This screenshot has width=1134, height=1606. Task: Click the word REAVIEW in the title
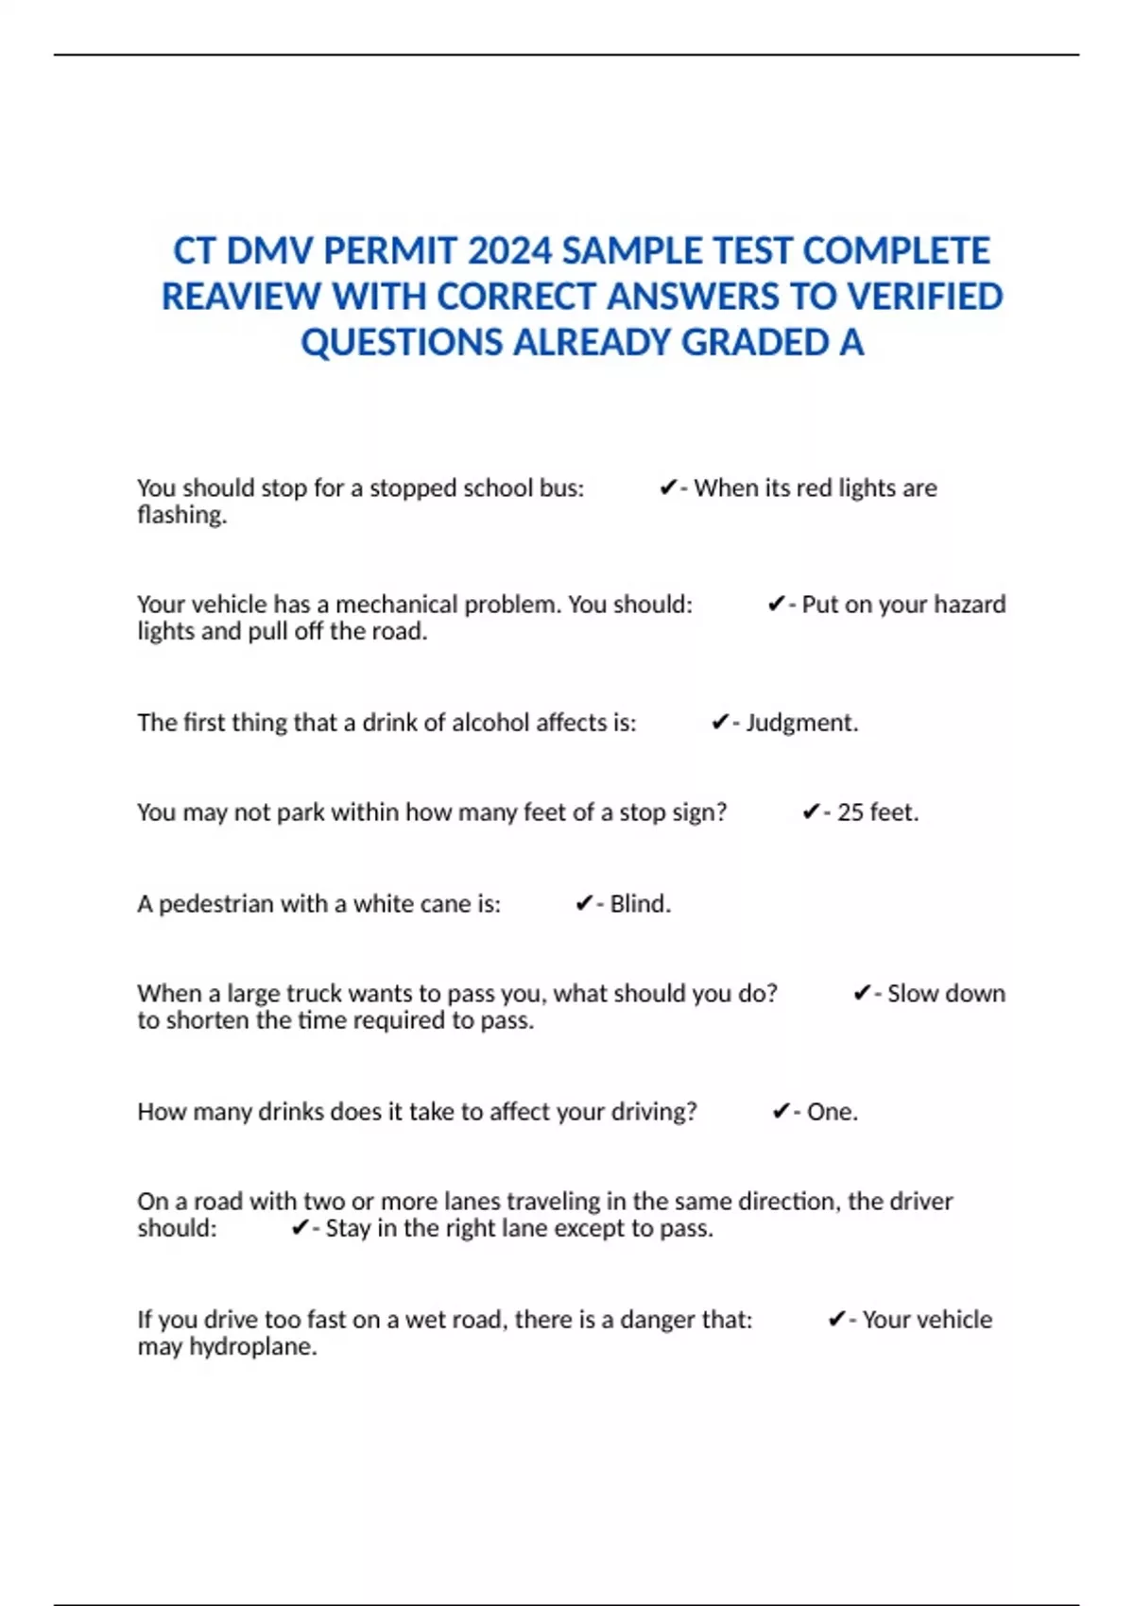(241, 297)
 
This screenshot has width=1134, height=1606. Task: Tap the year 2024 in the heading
(509, 251)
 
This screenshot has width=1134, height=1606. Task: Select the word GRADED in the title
(755, 343)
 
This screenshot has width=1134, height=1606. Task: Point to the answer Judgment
(801, 723)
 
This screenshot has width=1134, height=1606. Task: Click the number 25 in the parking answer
(850, 812)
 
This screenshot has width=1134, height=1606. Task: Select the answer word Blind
(640, 904)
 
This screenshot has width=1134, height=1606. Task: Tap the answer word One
(832, 1112)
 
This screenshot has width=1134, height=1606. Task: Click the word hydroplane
(252, 1346)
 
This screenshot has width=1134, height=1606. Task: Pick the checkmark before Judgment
(720, 723)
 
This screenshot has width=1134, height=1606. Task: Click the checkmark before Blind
(584, 904)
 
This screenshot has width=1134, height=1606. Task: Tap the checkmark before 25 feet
(811, 812)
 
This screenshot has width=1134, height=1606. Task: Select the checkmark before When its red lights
(668, 488)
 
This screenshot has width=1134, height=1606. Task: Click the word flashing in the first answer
(181, 515)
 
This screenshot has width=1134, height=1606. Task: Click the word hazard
(970, 605)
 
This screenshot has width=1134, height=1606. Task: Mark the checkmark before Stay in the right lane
(301, 1228)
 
